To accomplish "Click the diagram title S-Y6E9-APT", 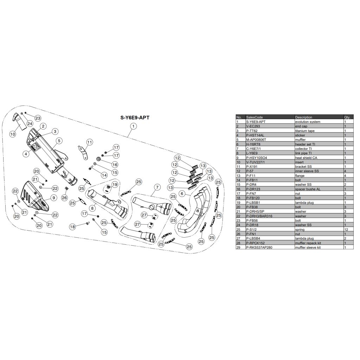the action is point(135,117).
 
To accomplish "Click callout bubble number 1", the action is point(133,126).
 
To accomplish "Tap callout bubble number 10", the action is point(13,134).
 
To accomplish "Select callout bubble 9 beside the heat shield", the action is point(54,198).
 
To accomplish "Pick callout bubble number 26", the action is point(65,198).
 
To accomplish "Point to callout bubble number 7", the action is point(157,187).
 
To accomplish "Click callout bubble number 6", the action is point(182,194).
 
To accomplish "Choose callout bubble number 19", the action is point(115,184).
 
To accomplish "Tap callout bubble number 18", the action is point(72,227).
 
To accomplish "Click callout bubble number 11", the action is point(90,142).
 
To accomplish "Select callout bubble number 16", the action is point(115,165).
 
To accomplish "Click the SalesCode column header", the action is point(255,117).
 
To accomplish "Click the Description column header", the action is point(303,117).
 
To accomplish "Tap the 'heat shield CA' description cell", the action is point(306,158).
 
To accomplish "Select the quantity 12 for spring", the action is point(346,229).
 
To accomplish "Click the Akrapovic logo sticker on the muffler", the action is point(33,147).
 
